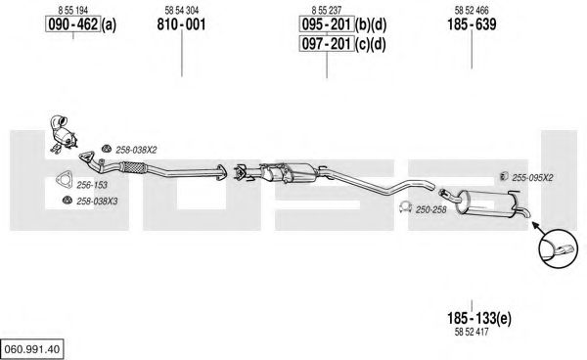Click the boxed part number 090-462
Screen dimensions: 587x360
pos(73,24)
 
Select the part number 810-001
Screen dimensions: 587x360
pos(182,24)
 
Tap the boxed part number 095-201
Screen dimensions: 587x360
pos(327,24)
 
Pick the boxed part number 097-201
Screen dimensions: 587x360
pos(327,44)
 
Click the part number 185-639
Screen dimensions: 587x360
pos(472,24)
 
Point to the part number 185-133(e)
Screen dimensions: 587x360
pos(478,318)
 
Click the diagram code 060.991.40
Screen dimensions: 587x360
pos(32,349)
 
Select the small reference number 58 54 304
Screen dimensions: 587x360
pos(182,10)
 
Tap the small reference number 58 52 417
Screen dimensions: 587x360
pos(472,332)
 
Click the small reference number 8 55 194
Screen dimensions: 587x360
pos(73,10)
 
